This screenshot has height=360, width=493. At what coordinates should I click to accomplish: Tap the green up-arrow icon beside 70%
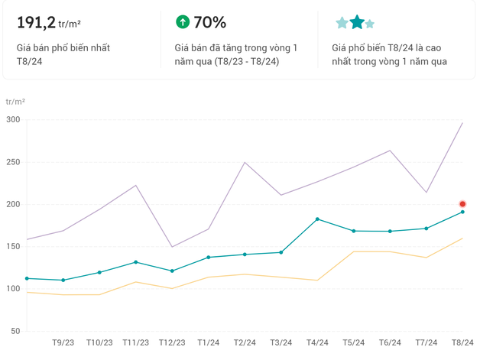[x=182, y=22]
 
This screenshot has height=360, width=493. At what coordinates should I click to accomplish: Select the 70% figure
[x=209, y=22]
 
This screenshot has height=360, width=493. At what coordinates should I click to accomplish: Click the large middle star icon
[x=357, y=22]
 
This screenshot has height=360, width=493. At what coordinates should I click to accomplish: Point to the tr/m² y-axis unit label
[x=15, y=102]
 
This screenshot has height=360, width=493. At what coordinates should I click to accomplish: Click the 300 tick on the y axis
[x=12, y=120]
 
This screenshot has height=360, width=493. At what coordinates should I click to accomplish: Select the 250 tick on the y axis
[x=12, y=162]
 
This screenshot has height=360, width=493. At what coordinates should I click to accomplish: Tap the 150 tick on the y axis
[x=12, y=247]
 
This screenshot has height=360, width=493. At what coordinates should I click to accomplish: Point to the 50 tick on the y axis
[x=15, y=331]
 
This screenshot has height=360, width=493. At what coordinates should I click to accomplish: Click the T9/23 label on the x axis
[x=63, y=343]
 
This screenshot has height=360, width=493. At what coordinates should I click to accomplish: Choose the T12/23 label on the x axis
[x=172, y=343]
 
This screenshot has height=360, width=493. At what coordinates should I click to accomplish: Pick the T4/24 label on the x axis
[x=317, y=343]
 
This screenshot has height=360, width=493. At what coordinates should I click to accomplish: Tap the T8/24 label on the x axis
[x=462, y=343]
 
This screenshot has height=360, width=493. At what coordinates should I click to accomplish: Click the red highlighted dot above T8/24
[x=462, y=204]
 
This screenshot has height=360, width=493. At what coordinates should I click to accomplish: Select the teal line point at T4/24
[x=317, y=219]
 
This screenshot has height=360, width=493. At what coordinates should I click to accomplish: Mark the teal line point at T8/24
[x=462, y=212]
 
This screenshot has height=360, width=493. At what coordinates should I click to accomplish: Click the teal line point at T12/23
[x=172, y=271]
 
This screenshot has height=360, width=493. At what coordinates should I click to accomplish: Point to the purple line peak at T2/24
[x=245, y=162]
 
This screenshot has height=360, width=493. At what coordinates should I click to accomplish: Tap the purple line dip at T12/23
[x=172, y=247]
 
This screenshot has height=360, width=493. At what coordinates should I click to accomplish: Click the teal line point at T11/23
[x=135, y=262]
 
